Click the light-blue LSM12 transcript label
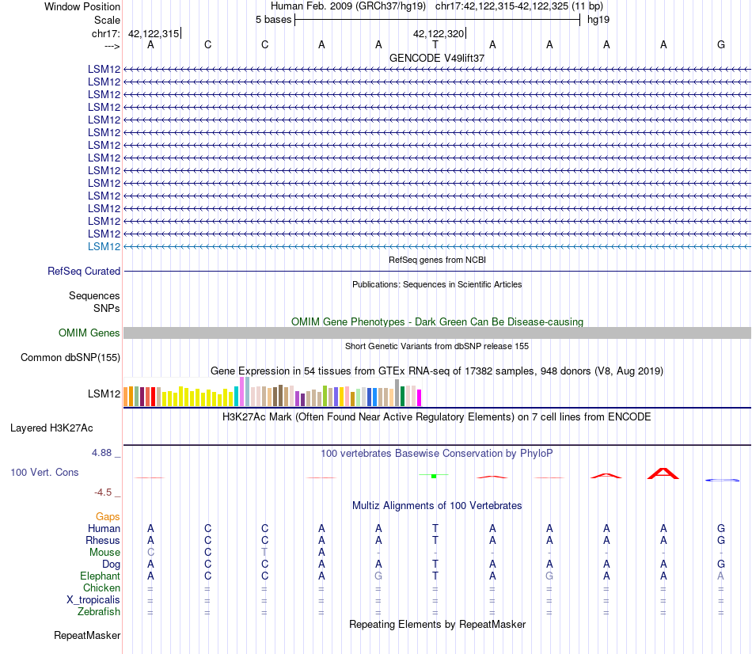tap(104, 246)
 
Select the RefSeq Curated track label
tap(84, 271)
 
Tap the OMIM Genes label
tap(89, 333)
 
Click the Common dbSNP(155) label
tap(70, 357)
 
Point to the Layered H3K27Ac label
tap(51, 428)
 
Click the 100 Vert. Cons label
tap(44, 472)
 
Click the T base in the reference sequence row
tap(435, 44)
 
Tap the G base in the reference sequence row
tap(721, 44)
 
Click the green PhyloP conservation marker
tap(434, 476)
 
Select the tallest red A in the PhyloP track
tap(663, 473)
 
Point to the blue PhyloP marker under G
tap(722, 480)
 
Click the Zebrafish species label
tap(99, 612)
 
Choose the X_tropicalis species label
tap(93, 600)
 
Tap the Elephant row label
tap(101, 576)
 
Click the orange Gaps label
tap(108, 517)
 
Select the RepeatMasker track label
tap(87, 635)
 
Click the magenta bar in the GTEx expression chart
tap(420, 397)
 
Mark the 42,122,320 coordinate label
tap(439, 33)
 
